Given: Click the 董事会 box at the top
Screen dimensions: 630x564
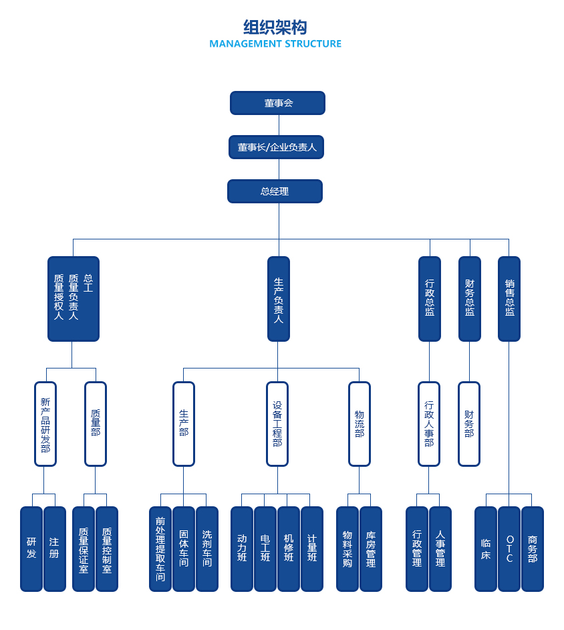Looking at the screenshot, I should pos(277,103).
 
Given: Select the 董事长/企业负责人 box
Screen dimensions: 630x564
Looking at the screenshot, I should pos(276,147).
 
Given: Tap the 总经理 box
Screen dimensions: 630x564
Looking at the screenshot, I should pos(275,191).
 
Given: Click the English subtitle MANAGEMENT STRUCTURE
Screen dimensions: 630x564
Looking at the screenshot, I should pos(275,44).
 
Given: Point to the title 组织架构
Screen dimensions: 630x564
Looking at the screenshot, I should pos(275,27).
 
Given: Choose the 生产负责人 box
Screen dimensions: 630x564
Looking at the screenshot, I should pos(279,299).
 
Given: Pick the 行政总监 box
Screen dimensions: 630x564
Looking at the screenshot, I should pos(430,299).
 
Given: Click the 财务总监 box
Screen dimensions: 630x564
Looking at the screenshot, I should pos(469,299).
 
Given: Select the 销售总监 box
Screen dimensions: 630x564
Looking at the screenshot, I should pos(509,299).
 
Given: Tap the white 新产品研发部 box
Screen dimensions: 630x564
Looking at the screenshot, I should pos(45,424).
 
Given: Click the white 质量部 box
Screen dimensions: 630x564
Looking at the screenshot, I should pos(96,424).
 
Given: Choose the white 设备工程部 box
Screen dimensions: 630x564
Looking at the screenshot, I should pos(277,424).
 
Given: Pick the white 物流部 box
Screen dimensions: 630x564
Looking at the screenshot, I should pos(360,424).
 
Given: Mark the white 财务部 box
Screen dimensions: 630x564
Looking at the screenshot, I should pos(469,424).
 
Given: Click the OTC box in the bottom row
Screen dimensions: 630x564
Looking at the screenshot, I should pos(509,549).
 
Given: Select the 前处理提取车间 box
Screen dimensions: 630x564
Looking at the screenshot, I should pos(160,549).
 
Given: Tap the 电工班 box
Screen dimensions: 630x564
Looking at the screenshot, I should pos(265,549).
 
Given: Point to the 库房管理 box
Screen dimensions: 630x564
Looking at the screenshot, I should pos(371,549).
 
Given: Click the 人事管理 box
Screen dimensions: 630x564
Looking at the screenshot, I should pos(440,549).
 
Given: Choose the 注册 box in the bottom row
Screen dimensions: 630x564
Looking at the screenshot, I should pos(55,549).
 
